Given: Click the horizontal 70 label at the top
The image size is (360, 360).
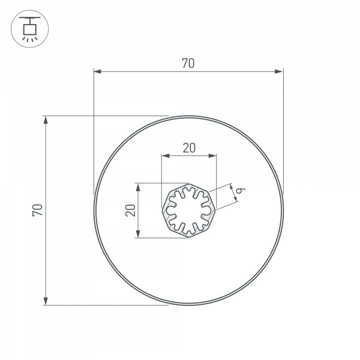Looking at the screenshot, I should point(188,63).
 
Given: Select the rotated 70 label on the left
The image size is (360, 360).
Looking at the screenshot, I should point(37,209).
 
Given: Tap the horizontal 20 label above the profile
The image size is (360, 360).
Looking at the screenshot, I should point(188,148).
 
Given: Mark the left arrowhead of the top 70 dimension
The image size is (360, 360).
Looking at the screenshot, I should point(97,72).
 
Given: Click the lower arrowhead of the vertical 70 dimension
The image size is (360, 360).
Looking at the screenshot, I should point(46,301).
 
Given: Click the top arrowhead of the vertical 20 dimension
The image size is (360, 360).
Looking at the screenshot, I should point(138,187).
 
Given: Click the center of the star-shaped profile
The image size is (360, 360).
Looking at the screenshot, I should point(188,210).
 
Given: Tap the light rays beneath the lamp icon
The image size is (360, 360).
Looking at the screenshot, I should point(28,37).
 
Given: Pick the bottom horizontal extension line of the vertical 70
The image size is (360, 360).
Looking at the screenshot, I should point(108,305).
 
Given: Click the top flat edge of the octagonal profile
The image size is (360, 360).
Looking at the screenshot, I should point(188,184).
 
